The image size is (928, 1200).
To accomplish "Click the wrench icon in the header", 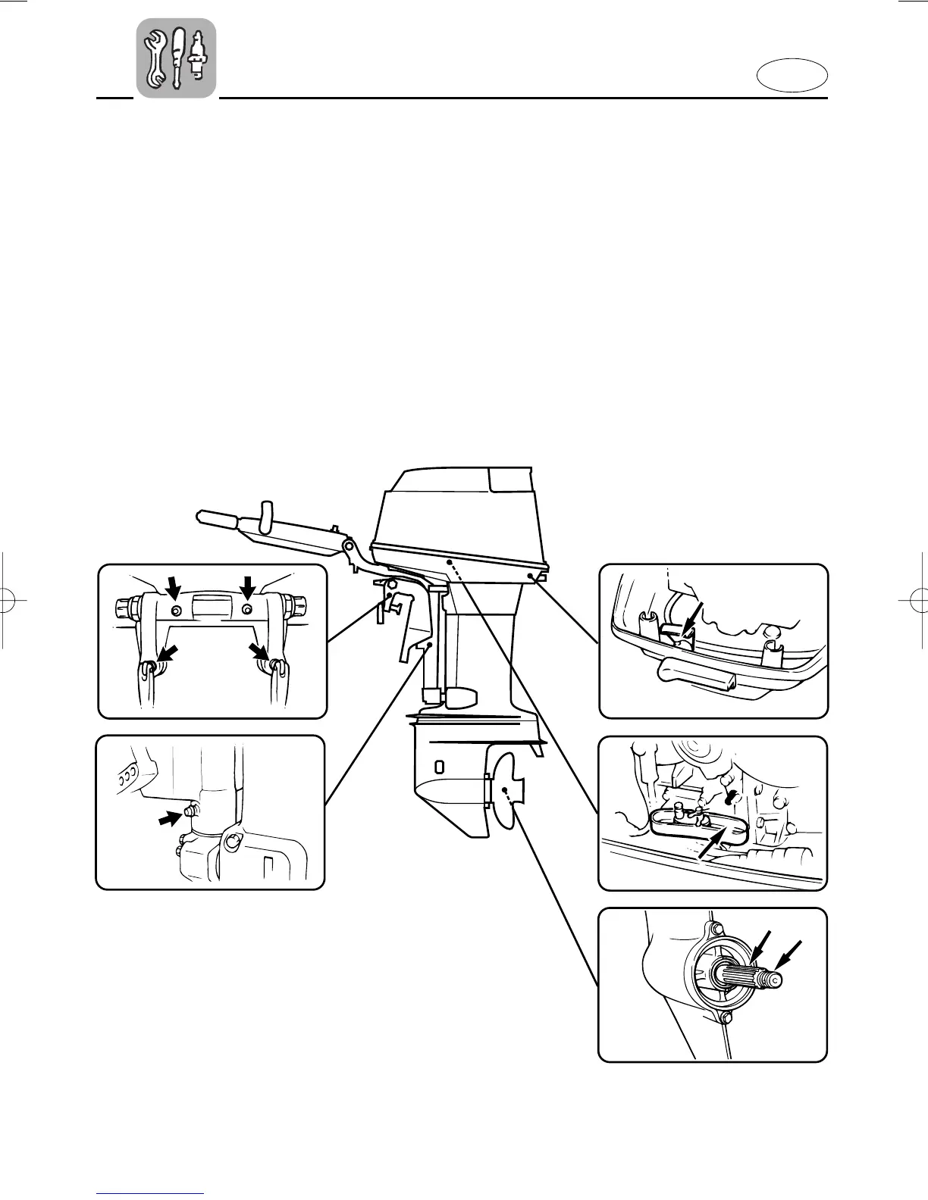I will (x=157, y=58).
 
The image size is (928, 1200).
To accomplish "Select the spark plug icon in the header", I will (x=199, y=56).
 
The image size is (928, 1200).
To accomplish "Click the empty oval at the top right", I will (x=792, y=77).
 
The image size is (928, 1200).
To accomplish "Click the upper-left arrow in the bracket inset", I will (x=174, y=587).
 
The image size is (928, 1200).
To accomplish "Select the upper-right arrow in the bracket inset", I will (x=247, y=587).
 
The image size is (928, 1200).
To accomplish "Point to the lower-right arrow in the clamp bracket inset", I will (x=259, y=652).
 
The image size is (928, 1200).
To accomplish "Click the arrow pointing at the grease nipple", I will (x=170, y=820).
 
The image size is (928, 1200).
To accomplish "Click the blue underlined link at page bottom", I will (x=151, y=1194).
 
